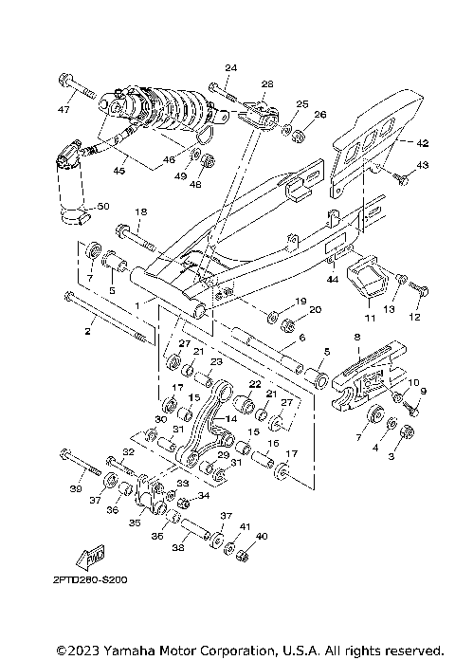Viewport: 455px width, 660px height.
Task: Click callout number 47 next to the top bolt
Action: point(64,110)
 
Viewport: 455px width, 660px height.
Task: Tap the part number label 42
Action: point(422,143)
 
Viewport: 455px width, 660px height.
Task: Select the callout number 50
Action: point(103,206)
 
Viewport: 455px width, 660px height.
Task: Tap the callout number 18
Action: point(140,211)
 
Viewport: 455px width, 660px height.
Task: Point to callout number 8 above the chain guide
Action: point(357,337)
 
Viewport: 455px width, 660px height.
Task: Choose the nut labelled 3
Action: point(407,432)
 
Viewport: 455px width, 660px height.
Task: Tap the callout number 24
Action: point(230,67)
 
